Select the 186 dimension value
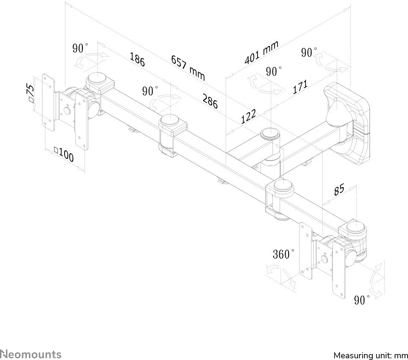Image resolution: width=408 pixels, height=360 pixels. click(x=137, y=59)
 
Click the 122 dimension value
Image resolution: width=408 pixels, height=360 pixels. click(x=249, y=116)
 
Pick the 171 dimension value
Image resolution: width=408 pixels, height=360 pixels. click(x=300, y=87)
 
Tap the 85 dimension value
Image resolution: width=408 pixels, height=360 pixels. click(x=339, y=190)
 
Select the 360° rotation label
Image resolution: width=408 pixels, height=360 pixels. click(x=283, y=254)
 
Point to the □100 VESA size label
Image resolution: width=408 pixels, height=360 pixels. click(x=63, y=155)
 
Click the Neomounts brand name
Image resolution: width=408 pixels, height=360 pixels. click(x=31, y=354)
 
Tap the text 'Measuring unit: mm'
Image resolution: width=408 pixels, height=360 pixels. click(x=370, y=355)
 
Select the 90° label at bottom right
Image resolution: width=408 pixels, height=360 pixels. click(x=362, y=301)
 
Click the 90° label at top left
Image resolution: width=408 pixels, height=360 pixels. click(x=80, y=48)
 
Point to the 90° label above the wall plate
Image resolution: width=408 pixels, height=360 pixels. click(x=309, y=53)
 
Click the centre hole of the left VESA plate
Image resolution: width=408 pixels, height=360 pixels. click(x=67, y=111)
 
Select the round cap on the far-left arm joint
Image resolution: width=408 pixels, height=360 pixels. click(x=96, y=79)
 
